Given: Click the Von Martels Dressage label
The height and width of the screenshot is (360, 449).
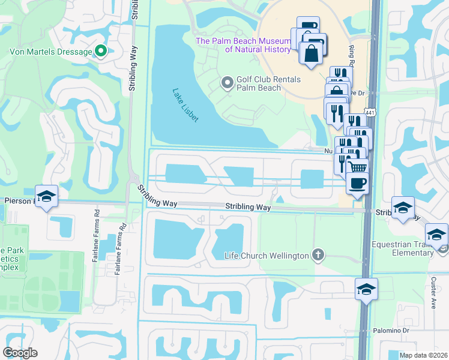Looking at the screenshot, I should [50, 52].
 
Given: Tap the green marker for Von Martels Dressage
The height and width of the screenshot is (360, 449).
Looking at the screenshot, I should [101, 52].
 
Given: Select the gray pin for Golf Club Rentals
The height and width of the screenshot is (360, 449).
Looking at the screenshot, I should [228, 83].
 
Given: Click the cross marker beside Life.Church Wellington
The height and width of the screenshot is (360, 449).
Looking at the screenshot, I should [318, 256].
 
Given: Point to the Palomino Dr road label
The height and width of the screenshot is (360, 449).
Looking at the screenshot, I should [405, 330].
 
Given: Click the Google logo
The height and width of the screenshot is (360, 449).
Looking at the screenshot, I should [20, 353].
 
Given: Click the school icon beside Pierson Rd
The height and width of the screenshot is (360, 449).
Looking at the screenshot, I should [46, 196].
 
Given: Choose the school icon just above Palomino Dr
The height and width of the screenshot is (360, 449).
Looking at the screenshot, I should [366, 289].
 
